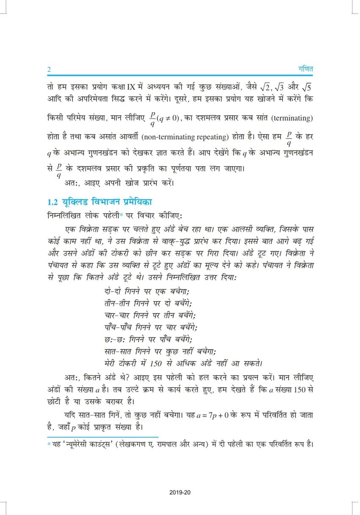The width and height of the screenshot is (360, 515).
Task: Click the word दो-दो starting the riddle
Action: pyautogui.click(x=112, y=292)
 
